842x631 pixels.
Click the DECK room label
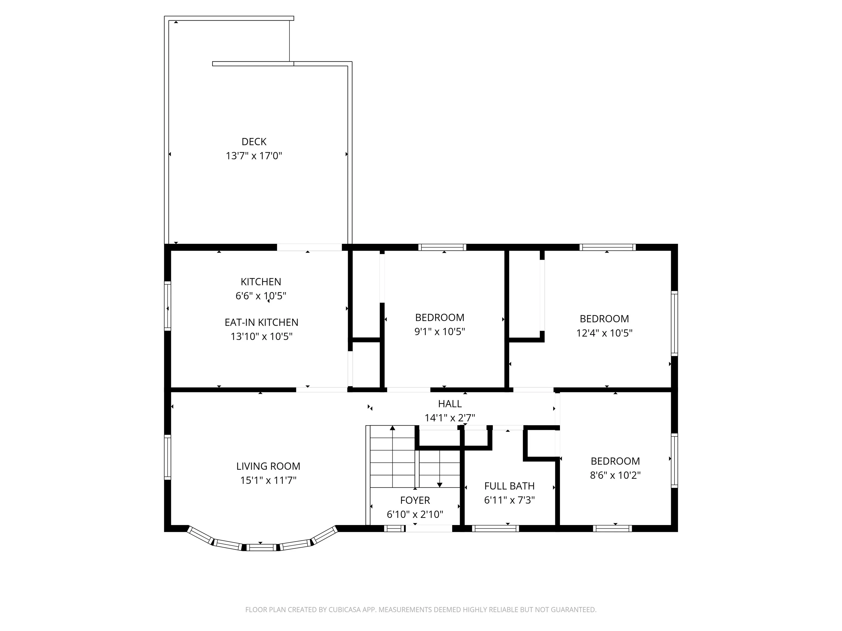254,142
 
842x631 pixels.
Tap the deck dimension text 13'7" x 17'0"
254,156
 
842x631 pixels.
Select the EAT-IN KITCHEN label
261,323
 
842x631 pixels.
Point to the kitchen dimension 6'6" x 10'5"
261,296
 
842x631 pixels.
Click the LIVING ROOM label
268,466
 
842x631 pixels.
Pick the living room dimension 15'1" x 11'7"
268,480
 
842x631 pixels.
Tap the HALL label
450,404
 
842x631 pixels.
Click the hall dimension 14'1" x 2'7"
450,418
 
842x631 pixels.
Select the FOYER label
415,501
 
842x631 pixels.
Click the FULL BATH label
509,486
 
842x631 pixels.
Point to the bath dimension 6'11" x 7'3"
509,500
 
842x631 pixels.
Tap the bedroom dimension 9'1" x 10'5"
440,332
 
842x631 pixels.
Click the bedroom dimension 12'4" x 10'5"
604,333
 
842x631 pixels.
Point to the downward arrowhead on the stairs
440,485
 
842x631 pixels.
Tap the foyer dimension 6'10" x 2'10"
415,515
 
